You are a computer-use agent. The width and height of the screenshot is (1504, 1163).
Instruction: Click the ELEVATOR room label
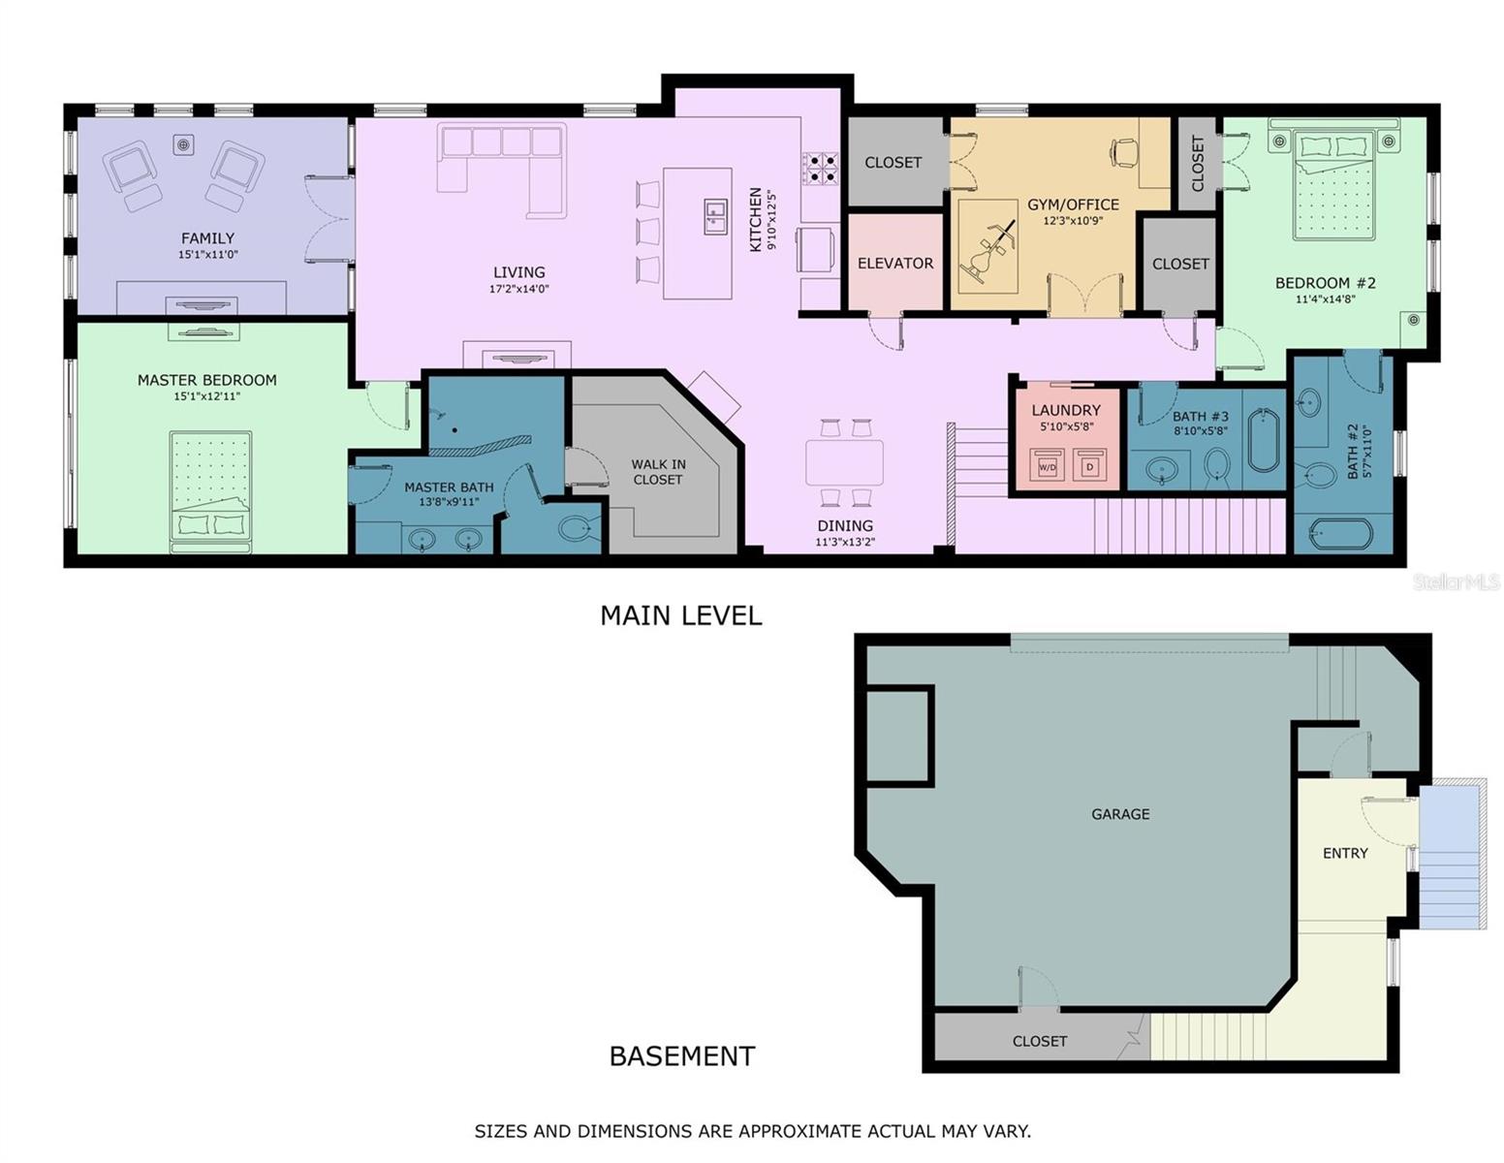tap(894, 263)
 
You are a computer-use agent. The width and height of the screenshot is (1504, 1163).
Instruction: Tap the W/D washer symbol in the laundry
tap(1047, 465)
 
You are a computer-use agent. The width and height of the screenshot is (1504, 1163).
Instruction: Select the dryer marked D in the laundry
tap(1089, 465)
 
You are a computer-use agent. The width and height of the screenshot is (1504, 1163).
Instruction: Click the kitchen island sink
tap(715, 217)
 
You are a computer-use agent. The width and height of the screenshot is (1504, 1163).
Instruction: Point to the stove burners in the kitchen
tap(820, 168)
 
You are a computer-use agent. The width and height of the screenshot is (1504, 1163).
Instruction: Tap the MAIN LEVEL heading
tap(680, 615)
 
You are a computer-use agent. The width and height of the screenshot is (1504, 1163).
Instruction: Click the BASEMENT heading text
tap(681, 1055)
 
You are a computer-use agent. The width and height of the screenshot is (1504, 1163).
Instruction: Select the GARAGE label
tap(1120, 814)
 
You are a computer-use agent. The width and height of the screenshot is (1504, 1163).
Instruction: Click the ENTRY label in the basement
tap(1345, 853)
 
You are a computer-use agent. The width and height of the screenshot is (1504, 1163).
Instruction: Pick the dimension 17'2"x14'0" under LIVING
tap(518, 289)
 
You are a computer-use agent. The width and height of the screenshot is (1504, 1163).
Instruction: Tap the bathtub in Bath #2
tap(1341, 534)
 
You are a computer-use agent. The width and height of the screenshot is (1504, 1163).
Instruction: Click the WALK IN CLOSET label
tap(658, 472)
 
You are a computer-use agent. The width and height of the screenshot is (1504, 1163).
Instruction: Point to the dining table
tap(844, 462)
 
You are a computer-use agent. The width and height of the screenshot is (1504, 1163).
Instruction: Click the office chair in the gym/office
tap(1124, 151)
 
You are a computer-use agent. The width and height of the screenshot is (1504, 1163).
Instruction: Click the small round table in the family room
tap(182, 144)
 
